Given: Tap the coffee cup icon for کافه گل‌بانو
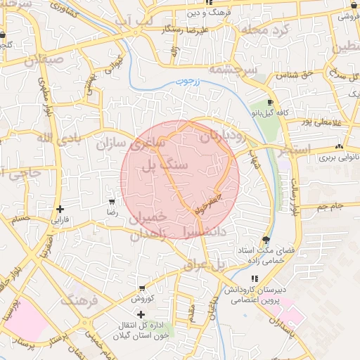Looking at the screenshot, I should [x=271, y=103].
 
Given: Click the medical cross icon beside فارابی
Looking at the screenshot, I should [x=60, y=209].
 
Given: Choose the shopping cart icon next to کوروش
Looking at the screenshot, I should [x=142, y=288].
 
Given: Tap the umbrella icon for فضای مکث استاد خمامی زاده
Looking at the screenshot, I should [x=265, y=240].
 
